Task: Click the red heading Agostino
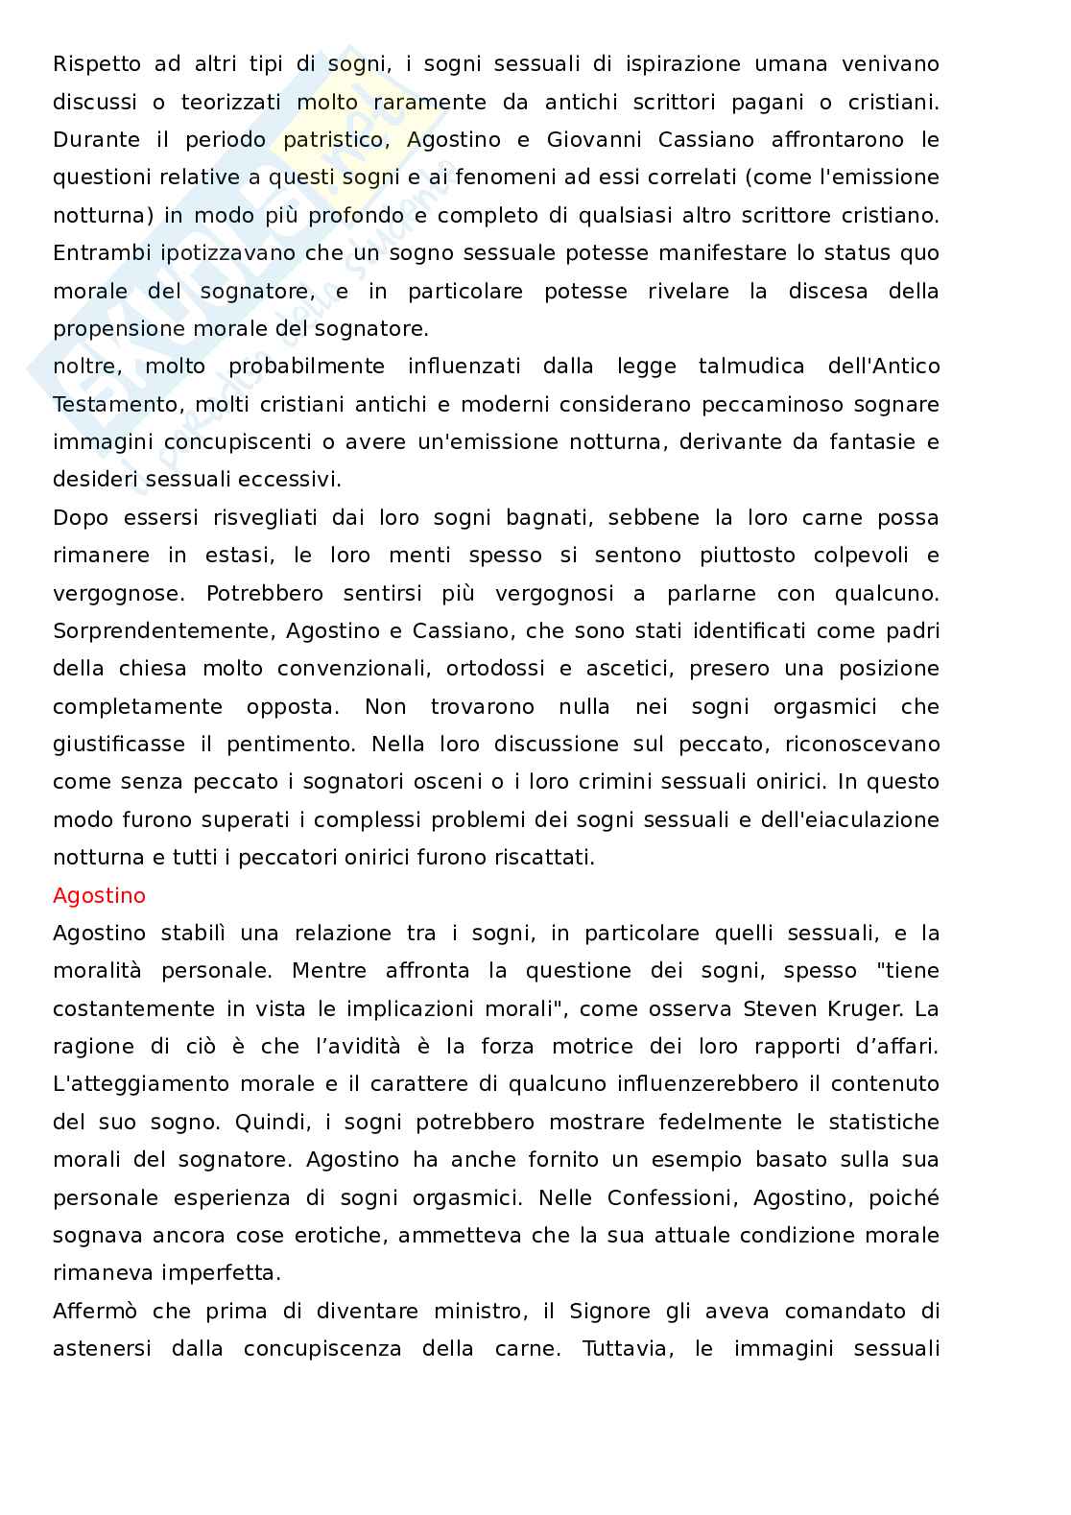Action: pos(99,895)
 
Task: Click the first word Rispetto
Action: pos(95,64)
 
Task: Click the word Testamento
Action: pos(115,404)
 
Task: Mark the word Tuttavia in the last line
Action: pos(626,1348)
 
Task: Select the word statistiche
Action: pos(876,1122)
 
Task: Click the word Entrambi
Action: pos(96,253)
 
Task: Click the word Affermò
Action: pos(94,1311)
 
